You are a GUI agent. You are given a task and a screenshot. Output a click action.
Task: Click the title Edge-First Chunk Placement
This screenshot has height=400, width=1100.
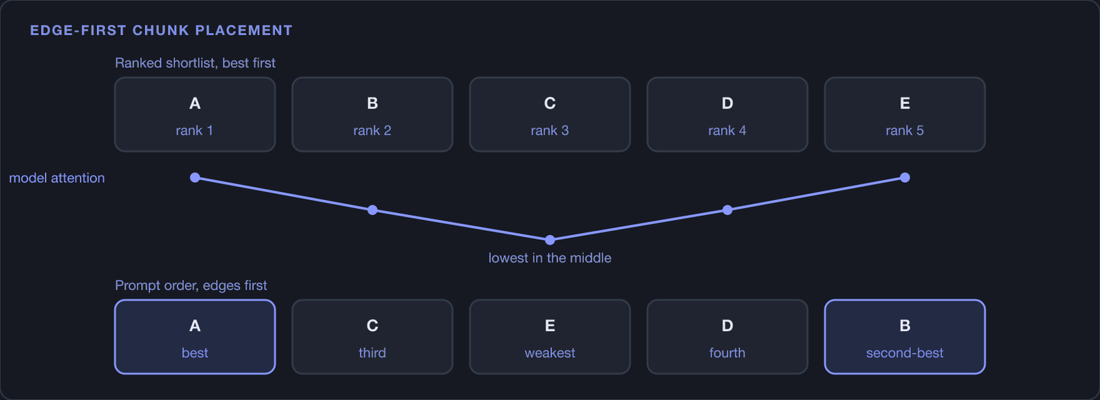161,30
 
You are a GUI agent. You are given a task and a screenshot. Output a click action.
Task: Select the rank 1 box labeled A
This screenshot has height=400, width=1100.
195,114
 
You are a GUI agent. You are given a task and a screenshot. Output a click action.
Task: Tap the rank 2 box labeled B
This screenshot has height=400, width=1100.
372,114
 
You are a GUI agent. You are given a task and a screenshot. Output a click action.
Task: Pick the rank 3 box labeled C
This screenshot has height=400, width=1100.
550,114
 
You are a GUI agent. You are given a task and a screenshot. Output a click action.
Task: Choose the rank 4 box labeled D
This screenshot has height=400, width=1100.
727,114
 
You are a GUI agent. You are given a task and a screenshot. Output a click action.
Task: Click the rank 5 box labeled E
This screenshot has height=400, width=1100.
905,114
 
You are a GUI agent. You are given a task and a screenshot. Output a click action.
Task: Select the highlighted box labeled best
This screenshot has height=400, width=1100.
195,337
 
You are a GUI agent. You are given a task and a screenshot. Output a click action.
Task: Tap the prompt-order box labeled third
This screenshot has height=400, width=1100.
372,337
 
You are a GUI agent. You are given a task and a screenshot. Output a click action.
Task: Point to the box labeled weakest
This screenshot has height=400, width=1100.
550,337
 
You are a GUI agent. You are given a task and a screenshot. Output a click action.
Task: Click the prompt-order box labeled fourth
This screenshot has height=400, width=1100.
727,337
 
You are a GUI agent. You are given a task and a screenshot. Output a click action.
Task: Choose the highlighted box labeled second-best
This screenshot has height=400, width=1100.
905,337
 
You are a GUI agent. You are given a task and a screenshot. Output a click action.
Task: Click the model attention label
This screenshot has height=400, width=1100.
57,178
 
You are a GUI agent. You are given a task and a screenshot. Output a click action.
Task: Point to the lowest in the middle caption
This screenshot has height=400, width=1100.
550,258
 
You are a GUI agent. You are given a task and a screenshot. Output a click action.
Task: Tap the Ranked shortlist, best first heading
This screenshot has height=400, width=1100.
195,63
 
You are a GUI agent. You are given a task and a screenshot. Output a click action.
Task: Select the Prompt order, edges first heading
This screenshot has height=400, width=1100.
191,285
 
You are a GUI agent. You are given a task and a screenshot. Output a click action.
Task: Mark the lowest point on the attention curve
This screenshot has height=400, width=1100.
550,240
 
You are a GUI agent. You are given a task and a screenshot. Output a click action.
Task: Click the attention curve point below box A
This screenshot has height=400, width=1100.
195,178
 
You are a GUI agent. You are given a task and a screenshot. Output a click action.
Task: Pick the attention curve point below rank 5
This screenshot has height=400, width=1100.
905,178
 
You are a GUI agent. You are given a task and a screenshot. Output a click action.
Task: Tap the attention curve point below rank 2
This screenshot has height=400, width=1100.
372,210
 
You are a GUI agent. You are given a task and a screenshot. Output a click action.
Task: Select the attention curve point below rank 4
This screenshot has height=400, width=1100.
727,210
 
